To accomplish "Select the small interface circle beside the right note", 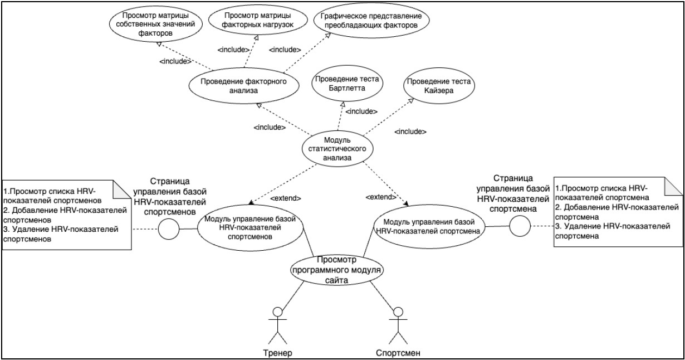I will click(518, 226).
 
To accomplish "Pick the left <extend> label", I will click(286, 198).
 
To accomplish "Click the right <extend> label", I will click(381, 197).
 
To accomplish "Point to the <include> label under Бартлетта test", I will click(361, 111).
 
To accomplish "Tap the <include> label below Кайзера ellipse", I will click(410, 132).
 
